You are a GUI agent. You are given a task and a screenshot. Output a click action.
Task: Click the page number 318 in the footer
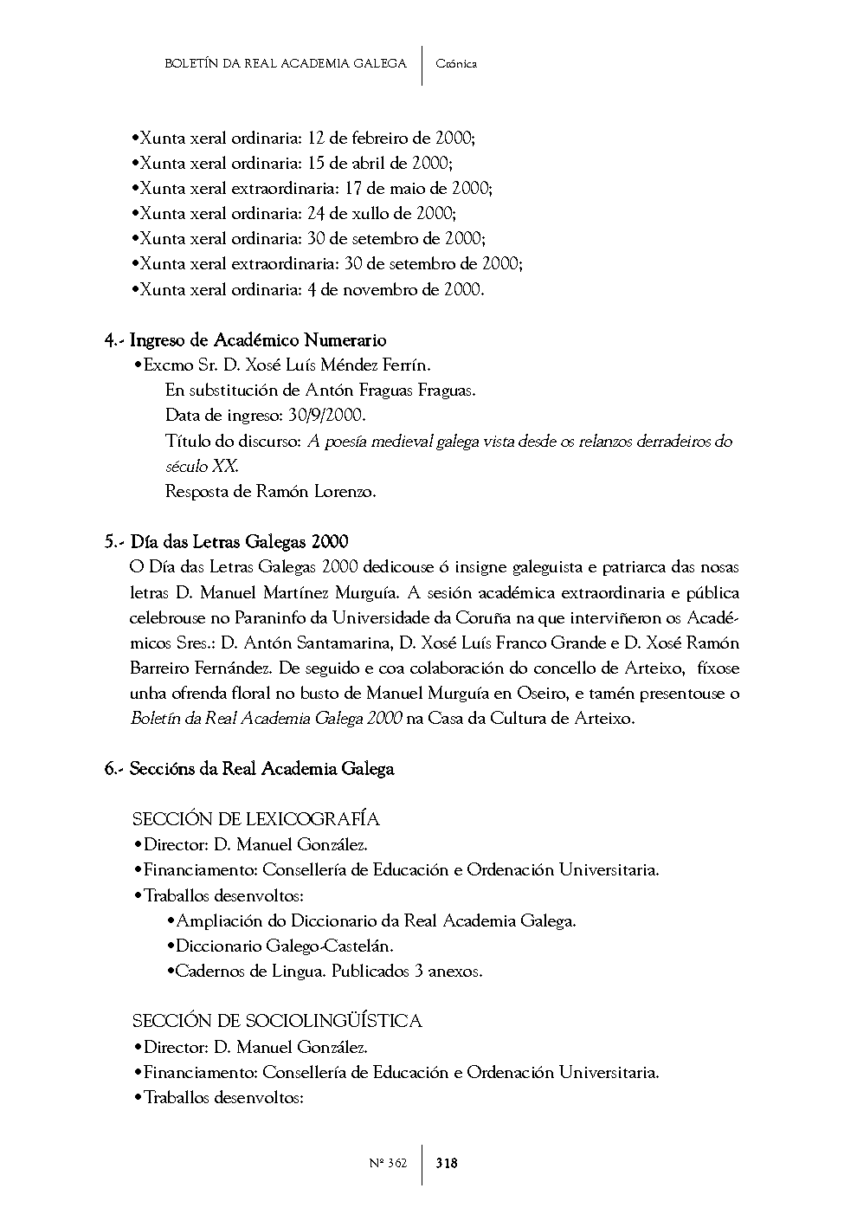447,1163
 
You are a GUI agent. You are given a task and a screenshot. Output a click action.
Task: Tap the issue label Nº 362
387,1163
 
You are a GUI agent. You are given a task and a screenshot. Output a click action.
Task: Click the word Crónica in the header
456,63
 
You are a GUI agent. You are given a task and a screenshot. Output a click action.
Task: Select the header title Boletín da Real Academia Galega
285,63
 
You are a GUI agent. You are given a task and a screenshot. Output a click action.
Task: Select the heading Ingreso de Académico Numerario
257,340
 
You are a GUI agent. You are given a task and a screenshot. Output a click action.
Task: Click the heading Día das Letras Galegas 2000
239,542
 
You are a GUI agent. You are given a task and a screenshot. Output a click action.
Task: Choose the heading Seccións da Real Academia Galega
261,769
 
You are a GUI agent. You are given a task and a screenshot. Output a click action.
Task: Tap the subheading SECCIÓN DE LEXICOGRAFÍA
255,819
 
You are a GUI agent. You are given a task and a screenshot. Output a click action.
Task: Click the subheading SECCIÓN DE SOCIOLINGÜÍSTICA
277,1021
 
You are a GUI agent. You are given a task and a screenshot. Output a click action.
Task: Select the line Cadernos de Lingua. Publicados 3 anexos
328,971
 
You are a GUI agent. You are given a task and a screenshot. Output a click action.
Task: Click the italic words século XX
201,467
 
